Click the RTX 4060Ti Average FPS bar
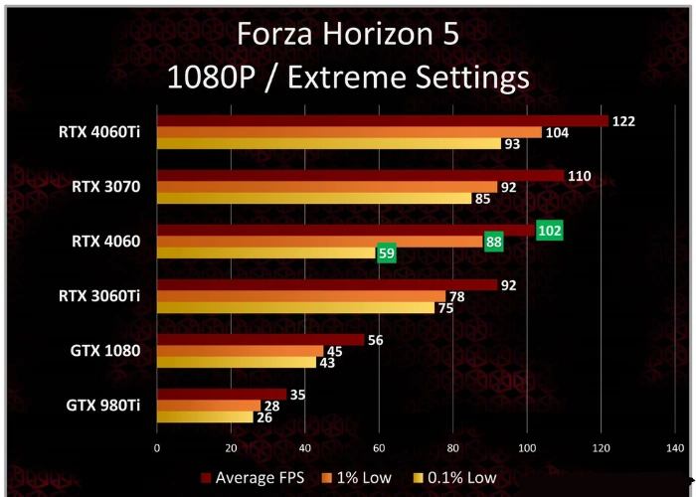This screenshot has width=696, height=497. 383,121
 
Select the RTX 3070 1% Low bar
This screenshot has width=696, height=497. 327,186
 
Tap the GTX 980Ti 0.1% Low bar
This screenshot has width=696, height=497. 205,417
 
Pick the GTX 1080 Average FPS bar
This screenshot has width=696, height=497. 261,339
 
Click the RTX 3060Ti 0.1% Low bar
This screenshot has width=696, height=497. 295,307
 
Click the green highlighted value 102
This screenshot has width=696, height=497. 549,231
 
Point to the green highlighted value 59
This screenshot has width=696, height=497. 386,253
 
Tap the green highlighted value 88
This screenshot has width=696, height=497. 493,242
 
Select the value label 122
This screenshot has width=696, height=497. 623,121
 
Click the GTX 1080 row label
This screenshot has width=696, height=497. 104,350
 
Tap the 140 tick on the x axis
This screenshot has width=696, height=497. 673,448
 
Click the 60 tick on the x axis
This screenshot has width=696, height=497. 378,448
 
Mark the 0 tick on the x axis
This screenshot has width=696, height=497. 157,448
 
